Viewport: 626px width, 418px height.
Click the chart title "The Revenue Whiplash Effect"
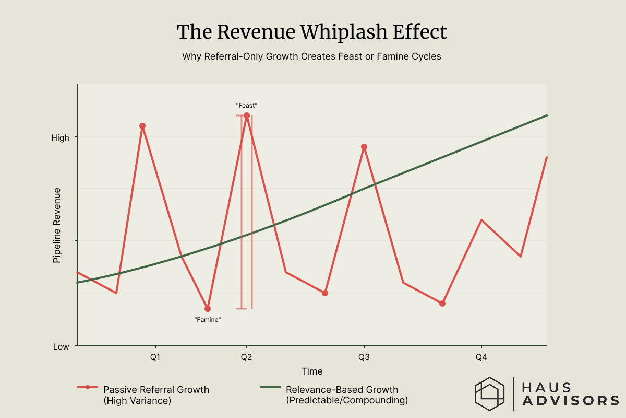pyautogui.click(x=312, y=32)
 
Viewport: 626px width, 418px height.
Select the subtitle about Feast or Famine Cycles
pyautogui.click(x=311, y=56)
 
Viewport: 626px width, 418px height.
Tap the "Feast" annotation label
pyautogui.click(x=247, y=106)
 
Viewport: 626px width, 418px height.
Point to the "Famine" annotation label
pyautogui.click(x=208, y=319)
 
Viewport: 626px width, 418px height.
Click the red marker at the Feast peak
pyautogui.click(x=247, y=115)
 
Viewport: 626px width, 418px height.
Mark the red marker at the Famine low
pyautogui.click(x=208, y=309)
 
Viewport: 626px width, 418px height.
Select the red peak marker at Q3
pyautogui.click(x=364, y=147)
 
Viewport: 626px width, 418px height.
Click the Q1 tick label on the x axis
pyautogui.click(x=155, y=358)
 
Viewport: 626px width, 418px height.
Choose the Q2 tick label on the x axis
pyautogui.click(x=247, y=358)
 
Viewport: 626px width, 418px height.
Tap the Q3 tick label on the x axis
pyautogui.click(x=364, y=358)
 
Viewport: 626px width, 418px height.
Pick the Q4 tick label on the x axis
pyautogui.click(x=481, y=358)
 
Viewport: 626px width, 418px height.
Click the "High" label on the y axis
pyautogui.click(x=60, y=137)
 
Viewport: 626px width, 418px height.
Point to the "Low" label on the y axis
pyautogui.click(x=61, y=346)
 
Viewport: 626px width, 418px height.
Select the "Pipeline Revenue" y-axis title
pyautogui.click(x=57, y=225)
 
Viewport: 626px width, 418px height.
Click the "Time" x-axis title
pyautogui.click(x=311, y=371)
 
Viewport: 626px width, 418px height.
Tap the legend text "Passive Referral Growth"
pyautogui.click(x=156, y=390)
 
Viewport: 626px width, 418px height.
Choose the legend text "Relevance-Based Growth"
pyautogui.click(x=342, y=390)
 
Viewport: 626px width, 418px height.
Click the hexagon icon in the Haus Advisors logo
pyautogui.click(x=489, y=393)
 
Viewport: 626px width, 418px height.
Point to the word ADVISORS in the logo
pyautogui.click(x=571, y=401)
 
